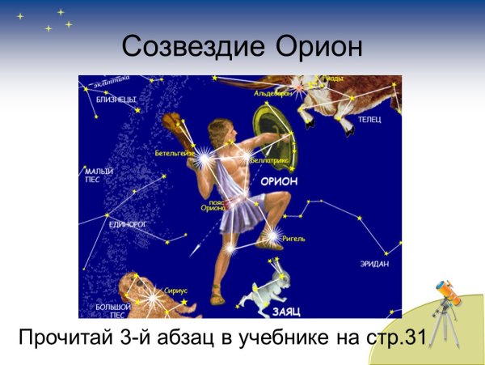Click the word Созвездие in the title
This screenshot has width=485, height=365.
[x=187, y=47]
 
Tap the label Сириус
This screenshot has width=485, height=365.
[x=175, y=289]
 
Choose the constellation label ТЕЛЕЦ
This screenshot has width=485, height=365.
[x=369, y=119]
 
